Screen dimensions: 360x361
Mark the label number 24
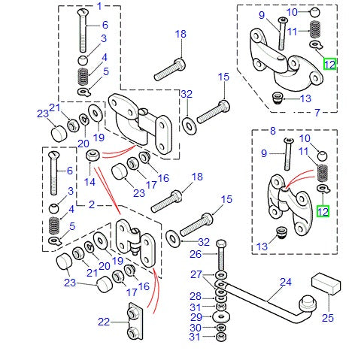[x=285, y=283]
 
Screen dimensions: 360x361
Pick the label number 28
[x=194, y=295]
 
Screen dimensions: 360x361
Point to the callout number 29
[x=194, y=318]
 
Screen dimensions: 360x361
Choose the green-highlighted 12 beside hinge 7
[x=330, y=65]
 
